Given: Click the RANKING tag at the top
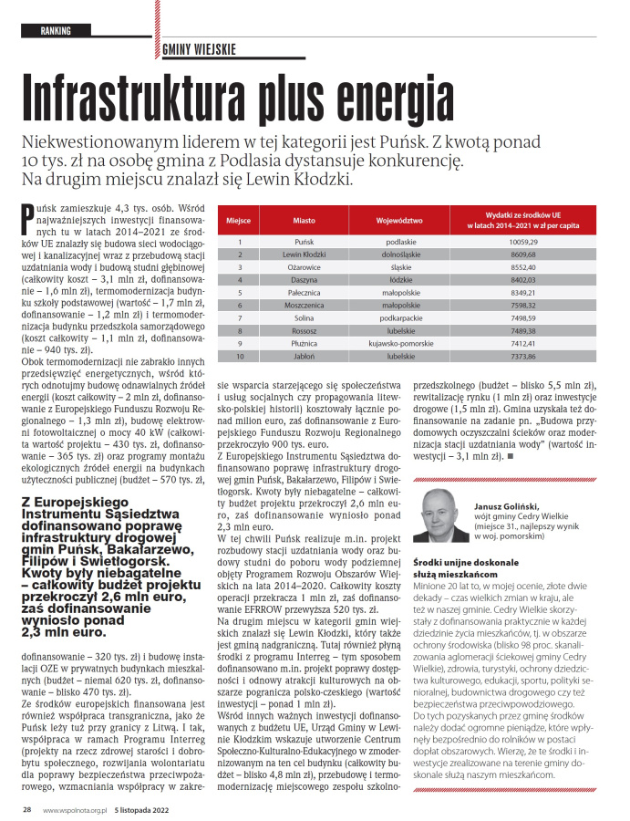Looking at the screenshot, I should [57, 30].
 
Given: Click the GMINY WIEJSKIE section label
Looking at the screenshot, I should [201, 49].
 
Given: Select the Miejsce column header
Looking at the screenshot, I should [238, 221].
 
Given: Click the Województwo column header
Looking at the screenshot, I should [399, 221].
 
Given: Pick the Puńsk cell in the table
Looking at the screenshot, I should [304, 241].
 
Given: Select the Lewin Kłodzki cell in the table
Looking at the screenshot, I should [304, 254].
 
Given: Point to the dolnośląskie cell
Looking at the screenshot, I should [399, 254].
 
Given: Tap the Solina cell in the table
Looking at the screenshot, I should [304, 317].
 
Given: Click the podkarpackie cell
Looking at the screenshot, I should [399, 317].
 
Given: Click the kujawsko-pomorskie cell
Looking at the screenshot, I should [399, 342].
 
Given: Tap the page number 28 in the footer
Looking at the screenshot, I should [27, 808].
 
